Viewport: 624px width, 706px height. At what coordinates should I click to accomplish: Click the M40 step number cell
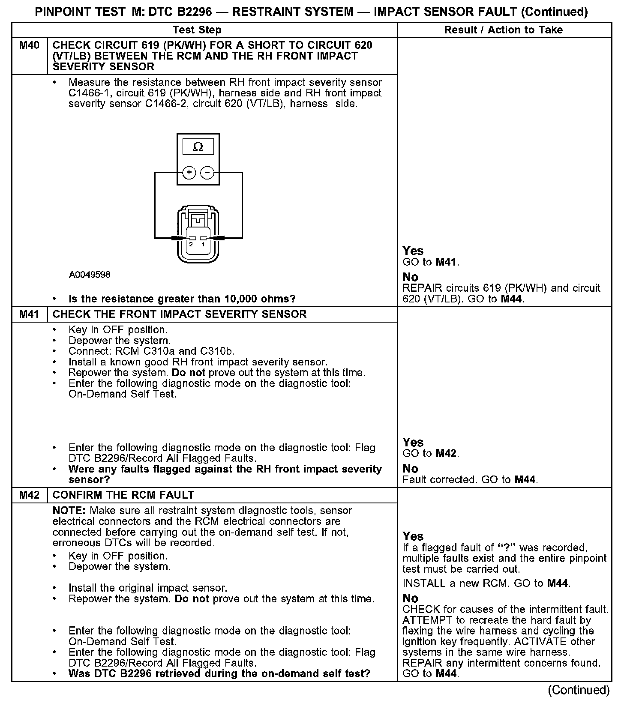pos(29,45)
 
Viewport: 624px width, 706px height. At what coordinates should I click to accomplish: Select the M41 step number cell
pos(29,314)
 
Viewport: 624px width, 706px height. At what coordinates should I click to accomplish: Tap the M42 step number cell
pos(29,495)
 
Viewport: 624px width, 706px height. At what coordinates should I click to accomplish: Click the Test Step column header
pos(197,30)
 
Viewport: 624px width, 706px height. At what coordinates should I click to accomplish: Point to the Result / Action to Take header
pos(504,30)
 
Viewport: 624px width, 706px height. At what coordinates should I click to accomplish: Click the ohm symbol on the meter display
pos(198,147)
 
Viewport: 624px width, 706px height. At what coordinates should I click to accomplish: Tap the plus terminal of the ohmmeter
pos(189,173)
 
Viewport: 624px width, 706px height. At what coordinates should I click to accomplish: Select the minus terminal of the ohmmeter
pos(207,173)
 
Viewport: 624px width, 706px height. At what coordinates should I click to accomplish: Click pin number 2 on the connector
pos(191,244)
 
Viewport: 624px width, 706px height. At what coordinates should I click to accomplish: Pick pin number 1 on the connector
pos(204,244)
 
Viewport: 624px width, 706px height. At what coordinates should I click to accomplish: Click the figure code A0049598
pos(90,275)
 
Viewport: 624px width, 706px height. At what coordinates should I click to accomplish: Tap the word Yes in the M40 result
pos(413,251)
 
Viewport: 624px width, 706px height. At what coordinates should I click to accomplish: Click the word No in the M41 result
pos(411,469)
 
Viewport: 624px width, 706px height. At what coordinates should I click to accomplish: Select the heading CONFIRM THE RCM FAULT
pos(123,495)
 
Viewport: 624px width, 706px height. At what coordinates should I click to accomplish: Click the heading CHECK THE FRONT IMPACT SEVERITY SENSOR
pos(180,314)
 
